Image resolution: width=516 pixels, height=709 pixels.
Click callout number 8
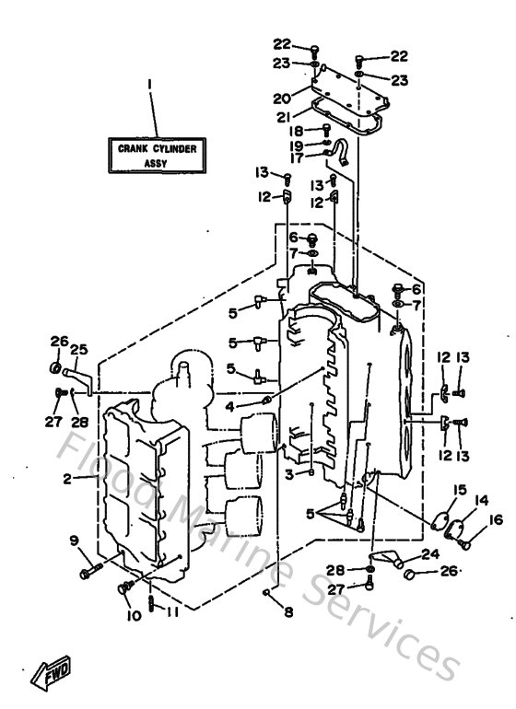pos(287,611)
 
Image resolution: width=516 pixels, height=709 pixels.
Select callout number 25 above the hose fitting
pos(78,350)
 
